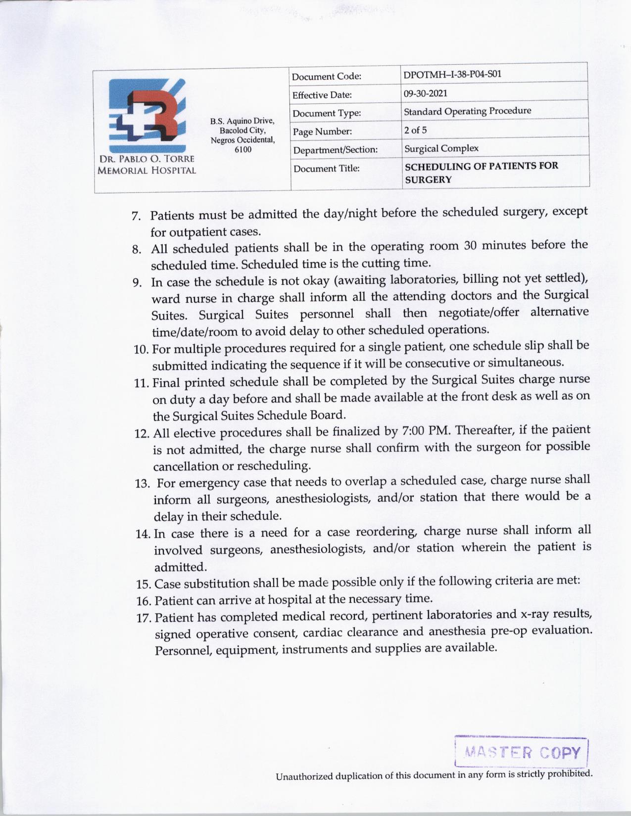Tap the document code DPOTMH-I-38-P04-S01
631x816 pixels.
pos(452,75)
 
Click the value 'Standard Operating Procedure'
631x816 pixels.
pos(467,111)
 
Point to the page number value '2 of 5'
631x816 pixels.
pos(415,130)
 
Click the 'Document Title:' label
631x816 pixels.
pos(326,169)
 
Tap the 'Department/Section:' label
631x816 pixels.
pos(335,149)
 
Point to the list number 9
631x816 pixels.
pos(137,283)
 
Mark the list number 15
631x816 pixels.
pos(143,585)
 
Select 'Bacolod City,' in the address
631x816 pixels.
pos(243,131)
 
